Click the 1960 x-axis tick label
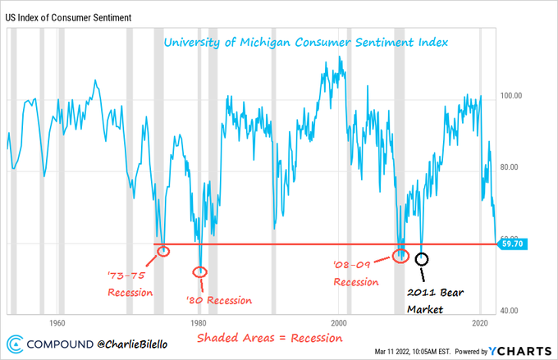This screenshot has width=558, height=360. point(57,322)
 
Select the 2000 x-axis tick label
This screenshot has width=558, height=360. point(338,322)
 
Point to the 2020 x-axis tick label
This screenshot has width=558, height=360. point(478,322)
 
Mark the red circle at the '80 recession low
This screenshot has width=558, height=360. point(200,271)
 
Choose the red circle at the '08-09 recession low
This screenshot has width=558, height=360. point(401,256)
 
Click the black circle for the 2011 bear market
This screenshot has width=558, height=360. point(422,259)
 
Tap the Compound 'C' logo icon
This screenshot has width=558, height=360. point(16,344)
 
